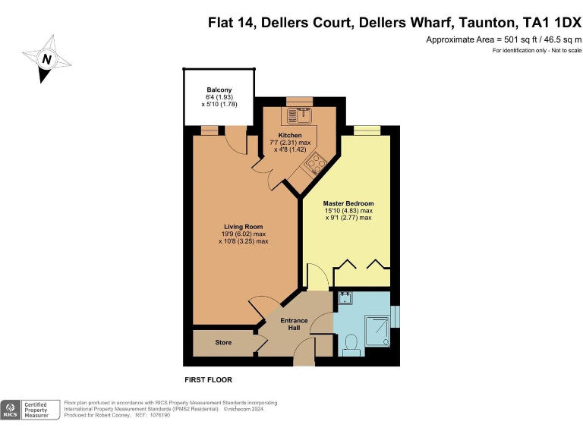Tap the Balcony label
(x=219, y=90)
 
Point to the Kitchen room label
(x=290, y=136)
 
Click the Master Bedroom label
(x=348, y=203)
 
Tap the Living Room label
(x=243, y=227)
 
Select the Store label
(x=223, y=343)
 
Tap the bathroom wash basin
(x=344, y=297)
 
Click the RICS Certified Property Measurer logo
(x=30, y=410)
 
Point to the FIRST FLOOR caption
(x=209, y=379)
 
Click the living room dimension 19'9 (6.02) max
(x=243, y=234)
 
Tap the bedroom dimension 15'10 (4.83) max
(x=348, y=211)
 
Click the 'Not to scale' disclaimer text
(x=563, y=51)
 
